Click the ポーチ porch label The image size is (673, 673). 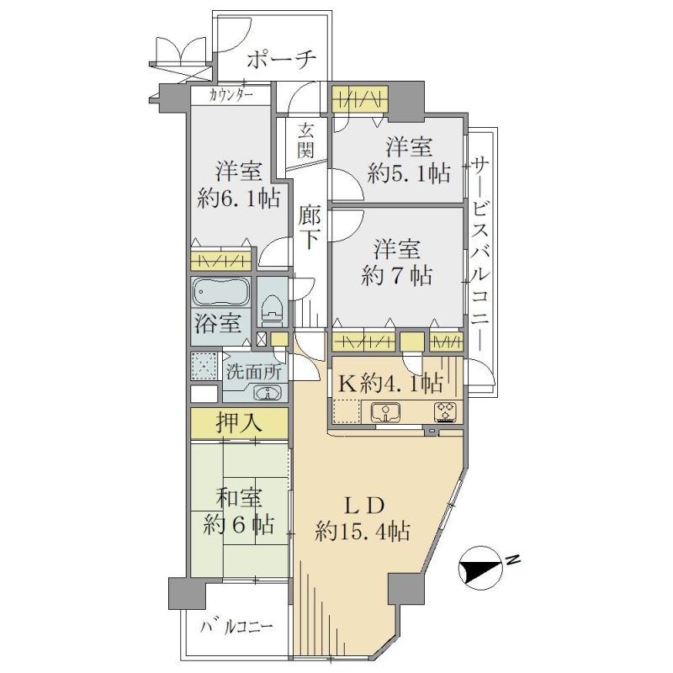pos(282,61)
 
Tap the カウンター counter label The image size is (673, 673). pos(231,95)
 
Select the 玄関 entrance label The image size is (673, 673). pos(306,140)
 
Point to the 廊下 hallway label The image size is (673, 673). pos(309,228)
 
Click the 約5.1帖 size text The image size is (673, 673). pos(409,174)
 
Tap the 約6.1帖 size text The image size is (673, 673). pos(238,199)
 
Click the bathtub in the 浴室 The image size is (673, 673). pos(221,292)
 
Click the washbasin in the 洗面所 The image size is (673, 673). pos(268,392)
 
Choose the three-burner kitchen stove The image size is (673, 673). pos(447,412)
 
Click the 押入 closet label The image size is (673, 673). pos(239,424)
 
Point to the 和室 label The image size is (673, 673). pos(238,499)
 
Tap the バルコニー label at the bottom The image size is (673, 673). pos(236,628)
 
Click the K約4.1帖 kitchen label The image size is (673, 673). pos(389,383)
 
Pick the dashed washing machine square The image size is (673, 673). pos(205,366)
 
